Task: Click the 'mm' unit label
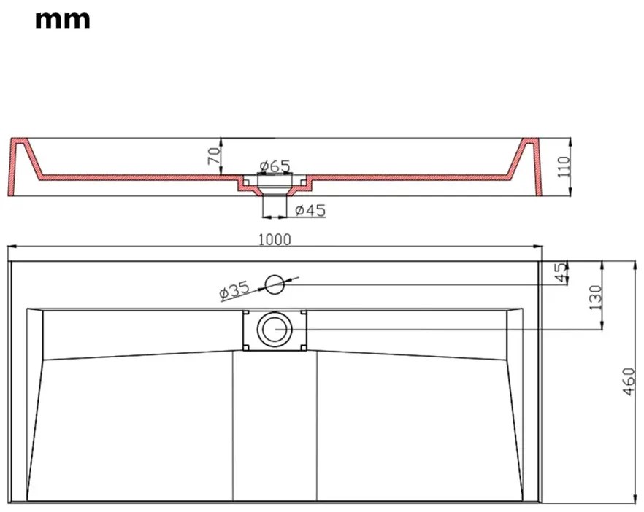pyautogui.click(x=63, y=20)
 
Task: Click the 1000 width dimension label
pyautogui.click(x=275, y=239)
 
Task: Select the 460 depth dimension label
pyautogui.click(x=629, y=381)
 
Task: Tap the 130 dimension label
pyautogui.click(x=595, y=297)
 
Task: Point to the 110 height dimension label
pyautogui.click(x=564, y=166)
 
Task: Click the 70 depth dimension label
pyautogui.click(x=214, y=156)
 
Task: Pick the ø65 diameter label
pyautogui.click(x=275, y=166)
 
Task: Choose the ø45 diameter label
pyautogui.click(x=310, y=211)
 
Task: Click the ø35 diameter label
pyautogui.click(x=234, y=290)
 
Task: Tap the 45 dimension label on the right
pyautogui.click(x=560, y=273)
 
